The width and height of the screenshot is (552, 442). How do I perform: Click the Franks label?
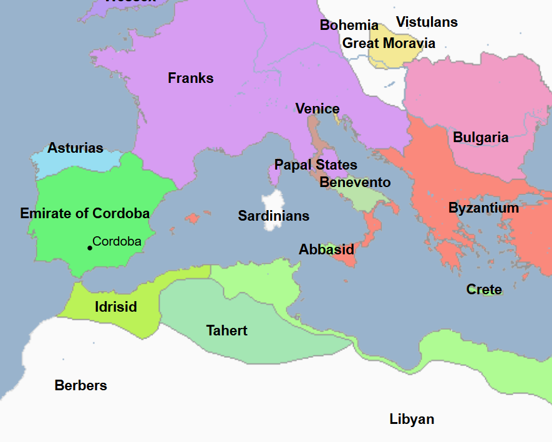pyautogui.click(x=190, y=79)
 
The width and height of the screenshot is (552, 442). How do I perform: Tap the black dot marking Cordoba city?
pyautogui.click(x=90, y=248)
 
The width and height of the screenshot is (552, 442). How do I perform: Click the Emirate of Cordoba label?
pyautogui.click(x=85, y=214)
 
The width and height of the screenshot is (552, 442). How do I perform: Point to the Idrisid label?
pyautogui.click(x=115, y=307)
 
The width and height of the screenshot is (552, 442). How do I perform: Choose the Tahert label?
pyautogui.click(x=227, y=331)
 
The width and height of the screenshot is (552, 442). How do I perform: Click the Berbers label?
pyautogui.click(x=80, y=386)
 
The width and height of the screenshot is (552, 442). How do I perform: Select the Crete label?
pyautogui.click(x=484, y=290)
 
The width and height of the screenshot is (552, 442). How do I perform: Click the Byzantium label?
pyautogui.click(x=483, y=208)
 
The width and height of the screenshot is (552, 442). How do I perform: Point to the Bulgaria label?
pyautogui.click(x=480, y=138)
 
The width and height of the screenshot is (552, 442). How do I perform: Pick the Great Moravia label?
pyautogui.click(x=389, y=44)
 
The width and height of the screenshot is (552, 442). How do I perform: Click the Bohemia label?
pyautogui.click(x=349, y=26)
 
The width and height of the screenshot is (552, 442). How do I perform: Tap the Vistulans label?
pyautogui.click(x=427, y=22)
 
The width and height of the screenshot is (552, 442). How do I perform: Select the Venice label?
pyautogui.click(x=317, y=109)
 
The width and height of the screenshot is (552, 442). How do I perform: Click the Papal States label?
pyautogui.click(x=316, y=165)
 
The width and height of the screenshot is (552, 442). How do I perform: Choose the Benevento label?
pyautogui.click(x=355, y=183)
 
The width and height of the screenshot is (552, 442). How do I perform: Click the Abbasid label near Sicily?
pyautogui.click(x=326, y=250)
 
